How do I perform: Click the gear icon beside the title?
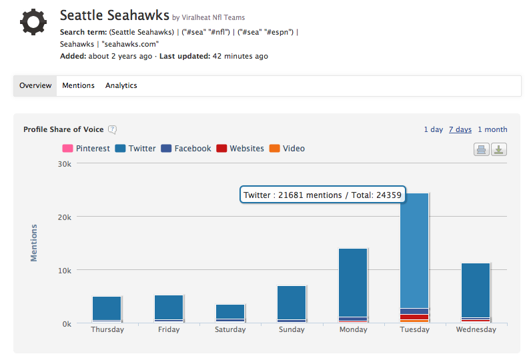tap(33, 22)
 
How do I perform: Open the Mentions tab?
tap(78, 85)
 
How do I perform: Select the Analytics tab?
tap(121, 85)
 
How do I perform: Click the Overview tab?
tap(35, 85)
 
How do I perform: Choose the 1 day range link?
tap(433, 129)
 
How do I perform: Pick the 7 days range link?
tap(460, 129)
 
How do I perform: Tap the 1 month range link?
tap(492, 129)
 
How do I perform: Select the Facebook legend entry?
tap(186, 149)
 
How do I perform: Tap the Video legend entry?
tap(288, 149)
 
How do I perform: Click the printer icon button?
tap(481, 149)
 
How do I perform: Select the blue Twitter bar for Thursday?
tap(107, 308)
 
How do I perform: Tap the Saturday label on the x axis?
tap(230, 330)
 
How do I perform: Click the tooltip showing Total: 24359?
tap(323, 195)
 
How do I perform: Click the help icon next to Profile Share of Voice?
tap(113, 130)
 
